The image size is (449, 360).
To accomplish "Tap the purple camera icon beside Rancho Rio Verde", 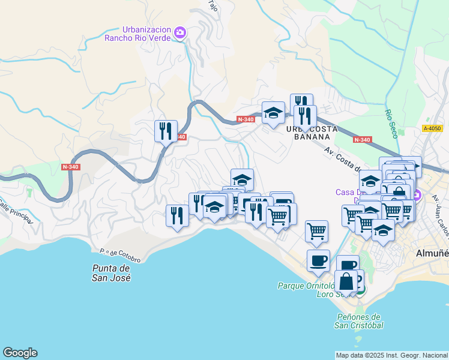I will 179,32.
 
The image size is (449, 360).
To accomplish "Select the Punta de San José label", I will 112,273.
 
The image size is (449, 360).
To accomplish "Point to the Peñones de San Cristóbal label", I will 358,321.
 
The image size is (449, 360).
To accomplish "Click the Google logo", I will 20,353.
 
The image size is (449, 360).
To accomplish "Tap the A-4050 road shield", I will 432,128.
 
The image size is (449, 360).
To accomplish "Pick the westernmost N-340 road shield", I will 71,166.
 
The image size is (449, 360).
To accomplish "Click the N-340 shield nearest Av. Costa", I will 362,140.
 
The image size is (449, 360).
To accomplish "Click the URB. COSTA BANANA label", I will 312,133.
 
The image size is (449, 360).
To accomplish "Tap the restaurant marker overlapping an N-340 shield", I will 166,131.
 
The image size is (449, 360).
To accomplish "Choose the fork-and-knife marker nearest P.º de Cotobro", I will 177,215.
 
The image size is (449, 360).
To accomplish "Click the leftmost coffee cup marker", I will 318,260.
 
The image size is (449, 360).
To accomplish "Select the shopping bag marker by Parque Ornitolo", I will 346,281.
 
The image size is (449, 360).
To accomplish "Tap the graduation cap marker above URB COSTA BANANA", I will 273,112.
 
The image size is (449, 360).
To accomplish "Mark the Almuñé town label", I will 432,253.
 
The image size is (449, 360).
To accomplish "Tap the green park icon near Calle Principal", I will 29,193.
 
